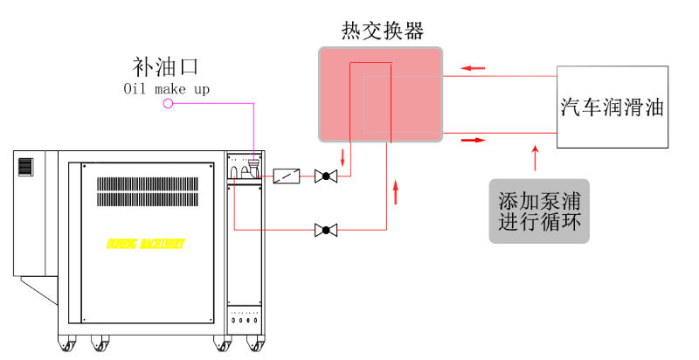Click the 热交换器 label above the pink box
[382, 31]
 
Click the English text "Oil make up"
[166, 88]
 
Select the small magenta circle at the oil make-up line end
[169, 104]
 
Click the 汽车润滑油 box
[612, 108]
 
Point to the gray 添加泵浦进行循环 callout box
[538, 211]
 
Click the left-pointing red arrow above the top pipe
[473, 68]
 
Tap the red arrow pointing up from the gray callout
[536, 158]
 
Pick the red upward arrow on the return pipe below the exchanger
[397, 190]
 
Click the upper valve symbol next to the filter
[327, 177]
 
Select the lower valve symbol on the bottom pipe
[327, 231]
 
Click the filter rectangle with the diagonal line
[286, 177]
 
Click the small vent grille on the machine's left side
[25, 166]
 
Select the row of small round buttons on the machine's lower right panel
[245, 319]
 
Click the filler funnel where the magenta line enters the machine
[253, 163]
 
